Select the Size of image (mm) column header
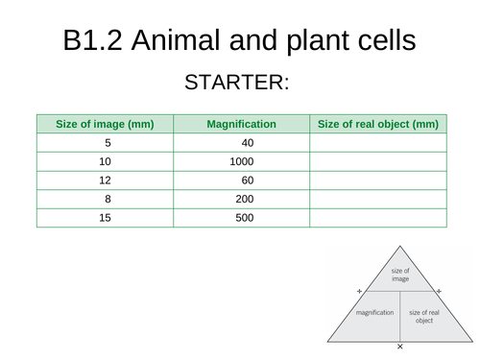(106, 124)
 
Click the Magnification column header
(242, 124)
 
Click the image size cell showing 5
(106, 143)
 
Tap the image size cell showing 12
(106, 180)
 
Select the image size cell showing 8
(106, 199)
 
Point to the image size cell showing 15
(106, 218)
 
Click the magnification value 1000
(242, 161)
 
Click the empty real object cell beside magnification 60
(377, 180)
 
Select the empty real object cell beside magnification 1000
(377, 161)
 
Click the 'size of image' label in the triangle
(399, 276)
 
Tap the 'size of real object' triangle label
(423, 316)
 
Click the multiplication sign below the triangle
(399, 346)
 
